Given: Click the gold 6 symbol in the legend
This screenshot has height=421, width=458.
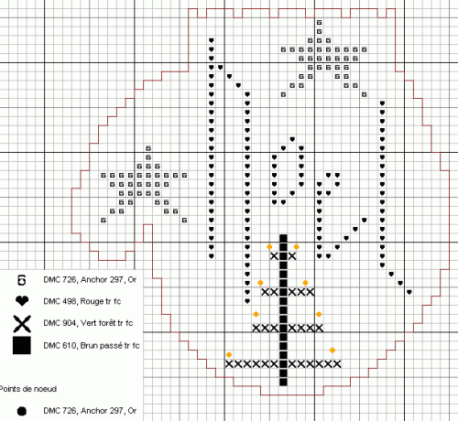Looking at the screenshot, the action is [x=22, y=280].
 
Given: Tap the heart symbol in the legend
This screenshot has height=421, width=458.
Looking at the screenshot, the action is [x=22, y=301].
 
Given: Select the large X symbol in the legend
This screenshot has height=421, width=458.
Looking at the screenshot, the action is [x=22, y=324].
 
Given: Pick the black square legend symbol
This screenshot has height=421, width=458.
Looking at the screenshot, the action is [x=22, y=345].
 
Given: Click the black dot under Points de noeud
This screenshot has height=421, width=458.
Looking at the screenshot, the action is [x=22, y=411].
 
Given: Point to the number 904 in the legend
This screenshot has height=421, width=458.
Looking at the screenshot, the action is [x=71, y=323].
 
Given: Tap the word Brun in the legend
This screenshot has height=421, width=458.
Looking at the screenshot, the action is [x=89, y=346].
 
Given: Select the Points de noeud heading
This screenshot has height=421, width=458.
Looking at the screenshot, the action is [x=27, y=389].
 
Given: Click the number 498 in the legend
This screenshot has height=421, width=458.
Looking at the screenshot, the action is [x=71, y=301].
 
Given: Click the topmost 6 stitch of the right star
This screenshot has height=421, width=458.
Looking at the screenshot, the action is [x=319, y=22].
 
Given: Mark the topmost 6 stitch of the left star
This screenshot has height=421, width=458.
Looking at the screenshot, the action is [x=148, y=148].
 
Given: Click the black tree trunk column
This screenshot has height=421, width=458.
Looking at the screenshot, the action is [x=283, y=310].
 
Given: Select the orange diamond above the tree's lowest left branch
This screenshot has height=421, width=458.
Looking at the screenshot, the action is [x=229, y=354].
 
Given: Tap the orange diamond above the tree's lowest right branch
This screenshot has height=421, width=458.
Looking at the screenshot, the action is [x=333, y=351].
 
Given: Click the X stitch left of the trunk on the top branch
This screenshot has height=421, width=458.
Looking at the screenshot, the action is [x=274, y=256].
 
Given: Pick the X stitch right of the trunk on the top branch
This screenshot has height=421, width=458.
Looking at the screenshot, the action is [x=292, y=256].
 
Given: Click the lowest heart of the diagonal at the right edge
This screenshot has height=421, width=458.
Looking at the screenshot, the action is [x=409, y=292].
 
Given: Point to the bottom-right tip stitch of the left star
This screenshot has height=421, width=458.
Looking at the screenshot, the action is [x=184, y=221].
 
